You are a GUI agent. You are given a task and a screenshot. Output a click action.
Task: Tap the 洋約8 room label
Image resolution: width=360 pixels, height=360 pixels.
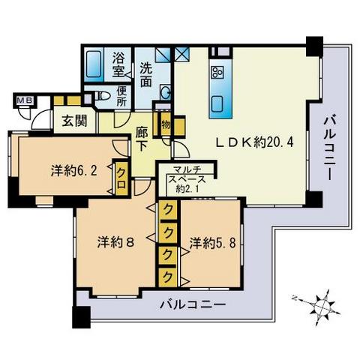pos(115,242)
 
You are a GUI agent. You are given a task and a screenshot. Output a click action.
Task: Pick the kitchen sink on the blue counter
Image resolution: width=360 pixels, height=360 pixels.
pos(219,102)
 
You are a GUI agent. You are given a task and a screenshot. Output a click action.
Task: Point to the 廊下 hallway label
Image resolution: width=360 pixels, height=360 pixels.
pos(141,137)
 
